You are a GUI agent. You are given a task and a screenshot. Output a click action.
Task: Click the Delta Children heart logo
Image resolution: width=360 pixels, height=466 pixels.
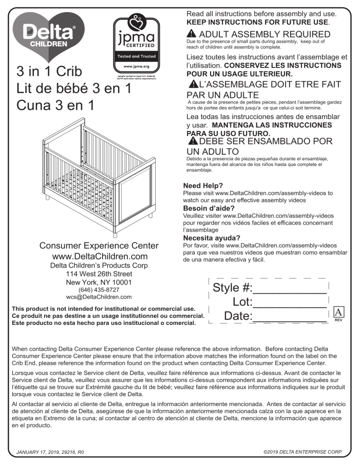pyautogui.click(x=48, y=36)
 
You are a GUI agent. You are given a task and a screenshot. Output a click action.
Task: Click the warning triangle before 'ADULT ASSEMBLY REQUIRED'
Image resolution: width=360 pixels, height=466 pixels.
pyautogui.click(x=191, y=35)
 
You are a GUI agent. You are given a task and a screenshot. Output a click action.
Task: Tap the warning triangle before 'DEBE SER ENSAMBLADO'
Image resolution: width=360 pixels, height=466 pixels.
pyautogui.click(x=192, y=141)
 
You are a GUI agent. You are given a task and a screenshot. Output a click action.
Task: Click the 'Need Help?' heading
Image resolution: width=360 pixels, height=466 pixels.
pyautogui.click(x=203, y=185)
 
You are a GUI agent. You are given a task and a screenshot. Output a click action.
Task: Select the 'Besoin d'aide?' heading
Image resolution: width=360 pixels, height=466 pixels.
pyautogui.click(x=209, y=208)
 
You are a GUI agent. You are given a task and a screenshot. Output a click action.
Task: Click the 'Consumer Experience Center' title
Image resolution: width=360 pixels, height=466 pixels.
pyautogui.click(x=98, y=246)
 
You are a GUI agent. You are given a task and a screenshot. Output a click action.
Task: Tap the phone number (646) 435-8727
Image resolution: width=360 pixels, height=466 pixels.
pyautogui.click(x=98, y=290)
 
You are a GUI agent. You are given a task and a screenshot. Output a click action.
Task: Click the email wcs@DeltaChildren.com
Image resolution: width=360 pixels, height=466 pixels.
pyautogui.click(x=98, y=297)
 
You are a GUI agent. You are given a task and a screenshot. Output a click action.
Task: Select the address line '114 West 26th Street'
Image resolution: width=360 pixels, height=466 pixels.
pyautogui.click(x=98, y=274)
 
